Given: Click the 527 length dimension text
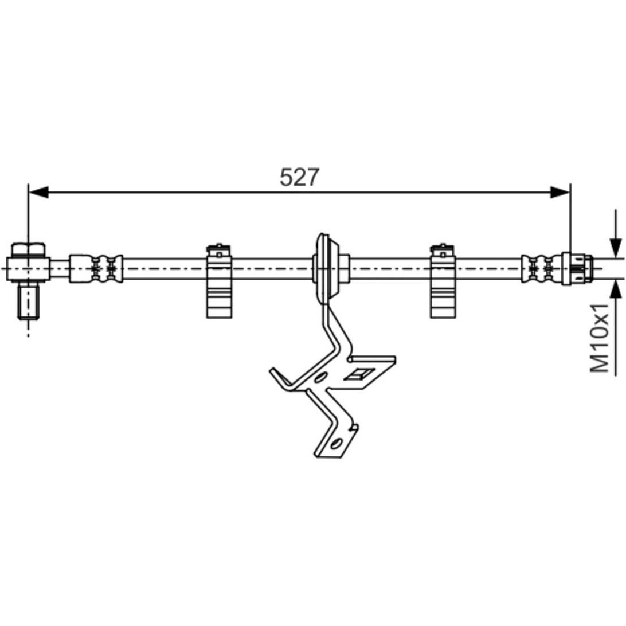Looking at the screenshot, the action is click(x=299, y=177).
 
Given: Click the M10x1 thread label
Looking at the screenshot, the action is click(x=600, y=338).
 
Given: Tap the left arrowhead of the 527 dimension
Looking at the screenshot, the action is click(x=39, y=192).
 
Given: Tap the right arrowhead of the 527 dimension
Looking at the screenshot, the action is click(x=560, y=192).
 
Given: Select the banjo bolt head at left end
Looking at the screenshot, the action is click(x=28, y=250).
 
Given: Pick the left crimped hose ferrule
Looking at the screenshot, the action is click(x=96, y=269).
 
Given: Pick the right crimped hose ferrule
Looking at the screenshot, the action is click(x=541, y=269).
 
